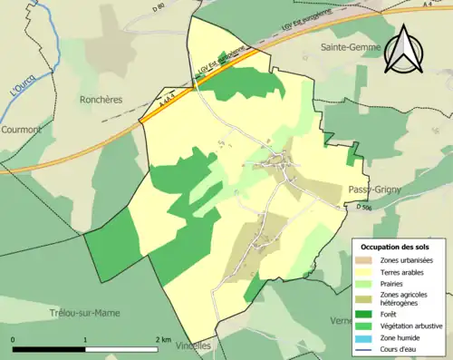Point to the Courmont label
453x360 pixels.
(x=22, y=130)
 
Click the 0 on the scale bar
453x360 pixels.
(x=14, y=338)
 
